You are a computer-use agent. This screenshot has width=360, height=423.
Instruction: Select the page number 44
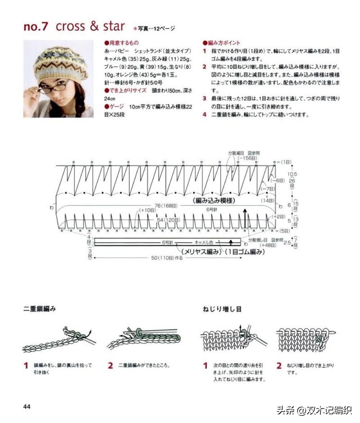pyautogui.click(x=27, y=407)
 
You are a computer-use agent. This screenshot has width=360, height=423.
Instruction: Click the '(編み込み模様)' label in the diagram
pyautogui.click(x=214, y=199)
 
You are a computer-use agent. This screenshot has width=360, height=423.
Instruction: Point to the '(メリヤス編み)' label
pyautogui.click(x=200, y=251)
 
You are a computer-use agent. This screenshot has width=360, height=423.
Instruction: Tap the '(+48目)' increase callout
pyautogui.click(x=254, y=245)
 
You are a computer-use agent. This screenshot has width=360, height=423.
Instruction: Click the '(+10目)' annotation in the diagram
pyautogui.click(x=148, y=210)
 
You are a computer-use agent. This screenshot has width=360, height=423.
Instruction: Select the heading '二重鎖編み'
pyautogui.click(x=39, y=309)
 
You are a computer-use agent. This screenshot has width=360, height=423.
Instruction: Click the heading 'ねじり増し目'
pyautogui.click(x=222, y=309)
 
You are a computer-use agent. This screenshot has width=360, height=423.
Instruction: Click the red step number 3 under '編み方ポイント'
pyautogui.click(x=204, y=98)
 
